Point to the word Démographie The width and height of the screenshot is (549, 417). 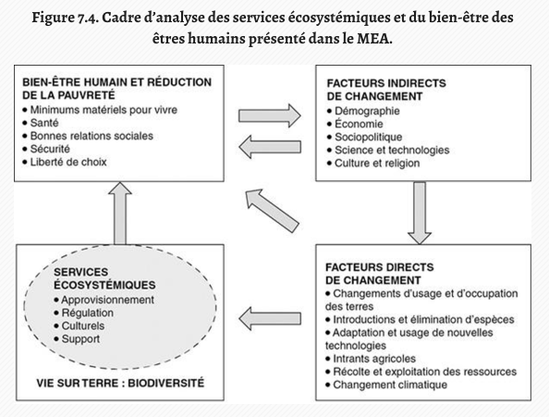click(367, 111)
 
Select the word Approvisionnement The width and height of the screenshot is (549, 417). click(108, 300)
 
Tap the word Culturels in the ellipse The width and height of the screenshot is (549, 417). click(83, 326)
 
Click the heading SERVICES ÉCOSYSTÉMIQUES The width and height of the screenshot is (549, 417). click(104, 278)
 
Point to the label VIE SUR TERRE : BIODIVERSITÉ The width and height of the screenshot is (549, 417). click(120, 383)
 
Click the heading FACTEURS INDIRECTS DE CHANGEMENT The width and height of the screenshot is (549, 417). click(386, 90)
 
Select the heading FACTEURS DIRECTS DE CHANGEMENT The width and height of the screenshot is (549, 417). click(380, 274)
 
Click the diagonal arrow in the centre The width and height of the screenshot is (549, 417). click(272, 211)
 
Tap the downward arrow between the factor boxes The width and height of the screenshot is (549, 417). click(420, 213)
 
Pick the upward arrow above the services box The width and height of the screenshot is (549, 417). click(120, 213)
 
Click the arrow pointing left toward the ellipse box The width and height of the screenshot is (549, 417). click(270, 319)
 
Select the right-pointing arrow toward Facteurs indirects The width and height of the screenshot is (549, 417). click(270, 116)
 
